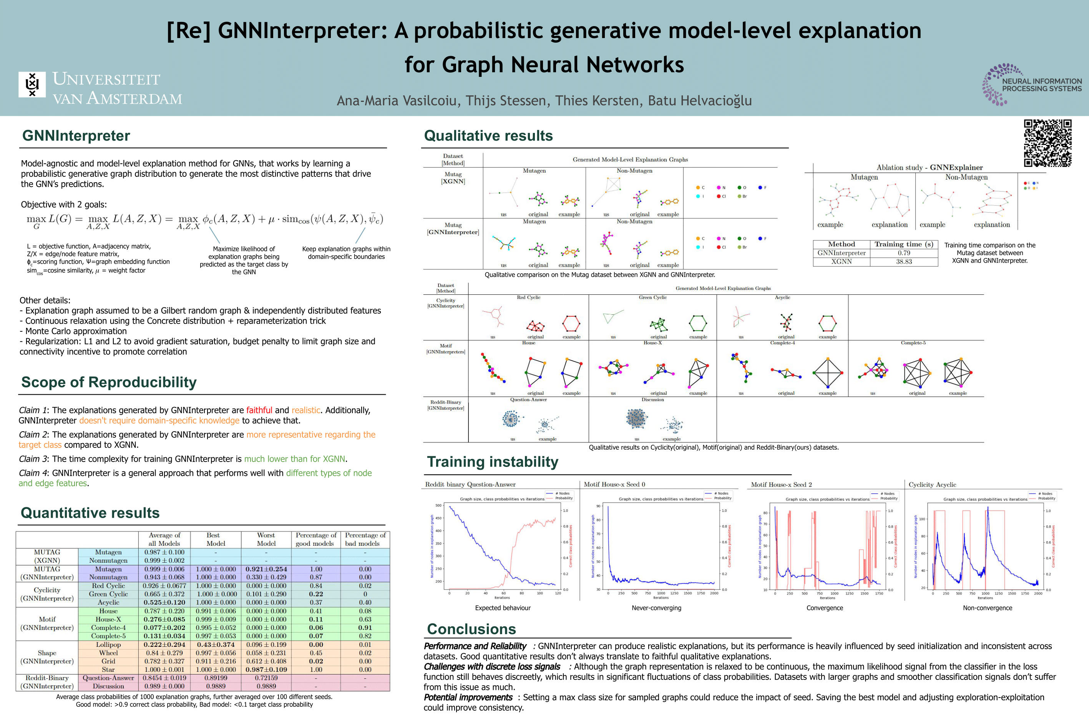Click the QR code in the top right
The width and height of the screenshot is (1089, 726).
(x=1047, y=143)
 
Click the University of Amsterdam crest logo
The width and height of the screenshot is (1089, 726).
(x=32, y=84)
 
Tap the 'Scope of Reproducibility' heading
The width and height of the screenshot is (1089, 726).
(x=109, y=382)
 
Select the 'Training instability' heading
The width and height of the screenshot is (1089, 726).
(x=493, y=462)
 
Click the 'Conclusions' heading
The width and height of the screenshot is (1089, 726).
(x=471, y=629)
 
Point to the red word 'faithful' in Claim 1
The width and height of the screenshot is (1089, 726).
(x=259, y=410)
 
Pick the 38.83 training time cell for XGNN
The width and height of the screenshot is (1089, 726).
(x=903, y=262)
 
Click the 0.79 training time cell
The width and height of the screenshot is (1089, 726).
(x=903, y=253)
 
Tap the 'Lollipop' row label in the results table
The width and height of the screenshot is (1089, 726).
(x=108, y=645)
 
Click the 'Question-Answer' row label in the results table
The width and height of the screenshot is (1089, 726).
(x=108, y=678)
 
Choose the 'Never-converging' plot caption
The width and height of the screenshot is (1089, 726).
(x=656, y=608)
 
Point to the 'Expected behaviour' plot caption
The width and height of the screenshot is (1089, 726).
(x=503, y=608)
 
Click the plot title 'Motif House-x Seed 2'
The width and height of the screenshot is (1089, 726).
(x=781, y=485)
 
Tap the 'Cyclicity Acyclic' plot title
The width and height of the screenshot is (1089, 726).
(x=932, y=485)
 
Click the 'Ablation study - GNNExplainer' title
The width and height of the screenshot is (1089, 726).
(x=929, y=168)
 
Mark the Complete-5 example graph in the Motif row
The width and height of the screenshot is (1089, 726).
(x=957, y=373)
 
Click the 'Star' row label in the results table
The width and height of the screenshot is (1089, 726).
(x=108, y=670)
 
